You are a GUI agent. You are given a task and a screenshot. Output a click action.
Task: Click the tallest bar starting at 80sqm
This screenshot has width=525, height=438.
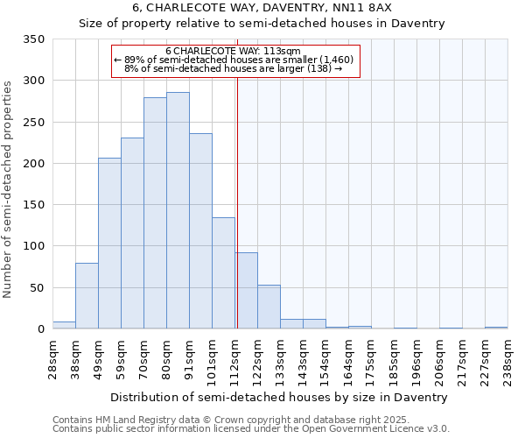tap(178, 210)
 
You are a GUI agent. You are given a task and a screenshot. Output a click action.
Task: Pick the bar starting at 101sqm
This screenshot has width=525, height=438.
tap(223, 272)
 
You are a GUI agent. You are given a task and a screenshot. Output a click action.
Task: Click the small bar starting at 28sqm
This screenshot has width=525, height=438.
tap(64, 325)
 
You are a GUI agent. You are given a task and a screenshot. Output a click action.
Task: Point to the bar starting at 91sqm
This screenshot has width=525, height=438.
tap(200, 231)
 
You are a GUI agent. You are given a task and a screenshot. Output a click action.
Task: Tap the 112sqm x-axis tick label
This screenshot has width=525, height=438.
tap(235, 359)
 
